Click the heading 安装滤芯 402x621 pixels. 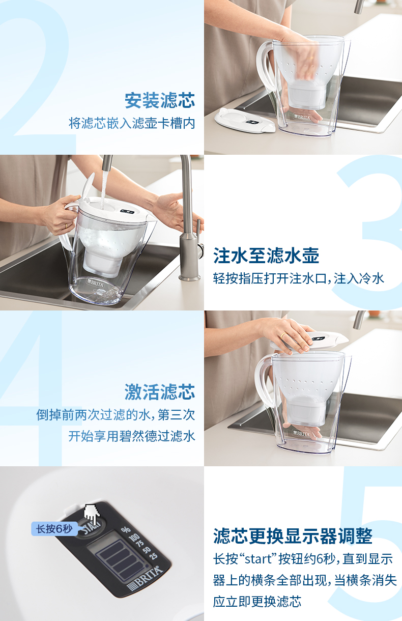159,100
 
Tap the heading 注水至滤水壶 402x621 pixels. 266,256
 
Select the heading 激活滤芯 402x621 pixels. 159,392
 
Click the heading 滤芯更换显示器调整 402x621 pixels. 293,536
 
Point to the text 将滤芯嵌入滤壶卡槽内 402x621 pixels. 132,123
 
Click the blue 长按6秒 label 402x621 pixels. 54,529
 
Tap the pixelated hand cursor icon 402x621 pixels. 92,512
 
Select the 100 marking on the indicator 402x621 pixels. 133,538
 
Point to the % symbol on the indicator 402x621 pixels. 126,530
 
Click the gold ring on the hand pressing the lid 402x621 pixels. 283,335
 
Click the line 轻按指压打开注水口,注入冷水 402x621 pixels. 299,278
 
